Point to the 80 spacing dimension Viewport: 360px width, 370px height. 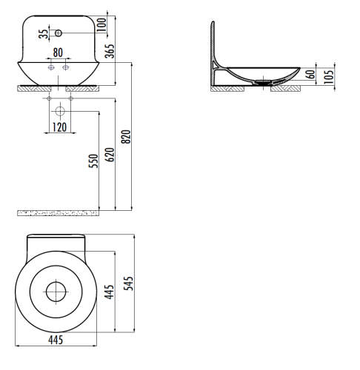point(59,54)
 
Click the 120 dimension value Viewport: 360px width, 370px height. point(59,127)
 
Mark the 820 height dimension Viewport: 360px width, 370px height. point(126,138)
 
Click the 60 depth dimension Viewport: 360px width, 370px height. point(311,73)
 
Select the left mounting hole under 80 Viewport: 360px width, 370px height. point(51,67)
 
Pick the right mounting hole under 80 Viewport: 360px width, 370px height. point(66,67)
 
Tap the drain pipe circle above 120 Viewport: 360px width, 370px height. point(59,111)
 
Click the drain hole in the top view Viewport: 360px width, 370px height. point(56,292)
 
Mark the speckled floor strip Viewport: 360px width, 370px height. point(58,213)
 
